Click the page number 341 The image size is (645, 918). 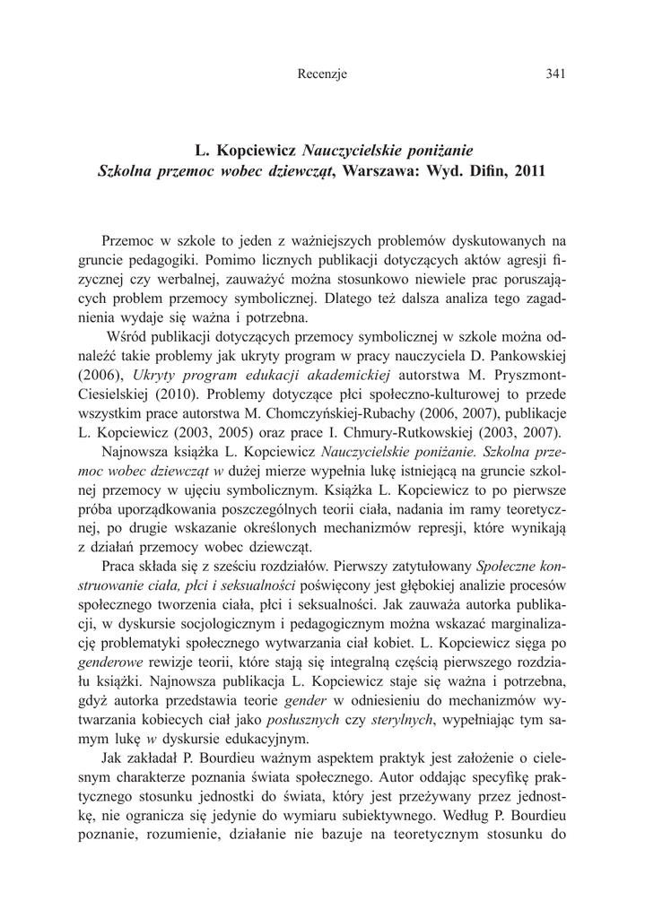[554, 74]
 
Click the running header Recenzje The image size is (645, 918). [321, 74]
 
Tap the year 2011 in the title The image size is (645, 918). [529, 169]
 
